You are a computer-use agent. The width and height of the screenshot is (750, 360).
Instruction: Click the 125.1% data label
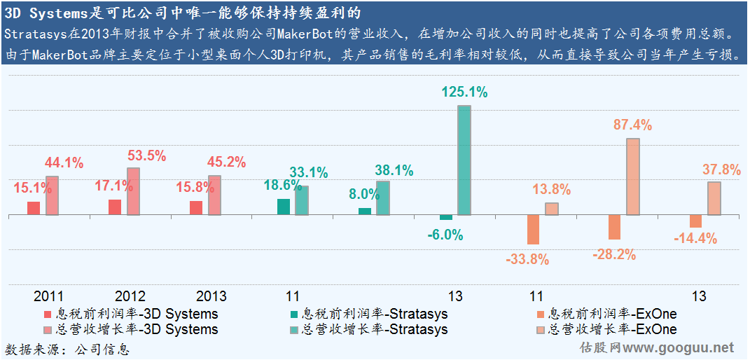coord(464,92)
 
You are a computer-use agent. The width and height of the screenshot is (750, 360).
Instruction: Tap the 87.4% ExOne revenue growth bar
coord(633,176)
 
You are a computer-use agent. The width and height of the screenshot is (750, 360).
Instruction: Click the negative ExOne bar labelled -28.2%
coord(614,228)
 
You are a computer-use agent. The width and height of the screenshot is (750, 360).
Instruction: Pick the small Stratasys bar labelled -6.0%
coord(446,218)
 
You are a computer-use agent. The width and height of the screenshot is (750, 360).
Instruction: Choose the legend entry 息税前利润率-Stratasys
coord(375,314)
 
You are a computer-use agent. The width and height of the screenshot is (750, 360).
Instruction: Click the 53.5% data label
coord(146,155)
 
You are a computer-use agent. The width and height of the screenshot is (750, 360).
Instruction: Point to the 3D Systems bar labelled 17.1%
coord(115,207)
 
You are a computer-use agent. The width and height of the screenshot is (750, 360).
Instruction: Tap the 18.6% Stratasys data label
coord(284,186)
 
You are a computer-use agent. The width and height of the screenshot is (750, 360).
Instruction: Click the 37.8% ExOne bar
coord(714,198)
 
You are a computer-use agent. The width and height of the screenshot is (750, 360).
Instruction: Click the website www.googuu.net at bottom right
coord(679,347)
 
